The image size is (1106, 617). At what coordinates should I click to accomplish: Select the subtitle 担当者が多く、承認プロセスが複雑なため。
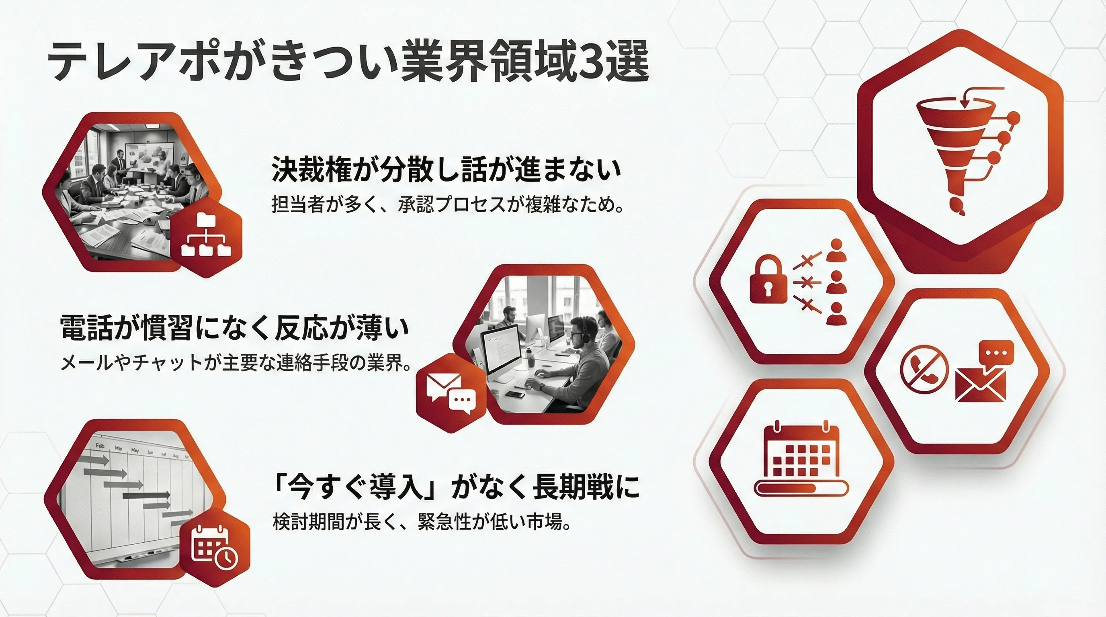(x=447, y=205)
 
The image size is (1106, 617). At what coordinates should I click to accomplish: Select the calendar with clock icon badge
(x=214, y=548)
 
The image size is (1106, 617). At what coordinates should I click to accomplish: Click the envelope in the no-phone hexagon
(x=981, y=384)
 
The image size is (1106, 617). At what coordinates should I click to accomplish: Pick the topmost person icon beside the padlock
(x=836, y=251)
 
